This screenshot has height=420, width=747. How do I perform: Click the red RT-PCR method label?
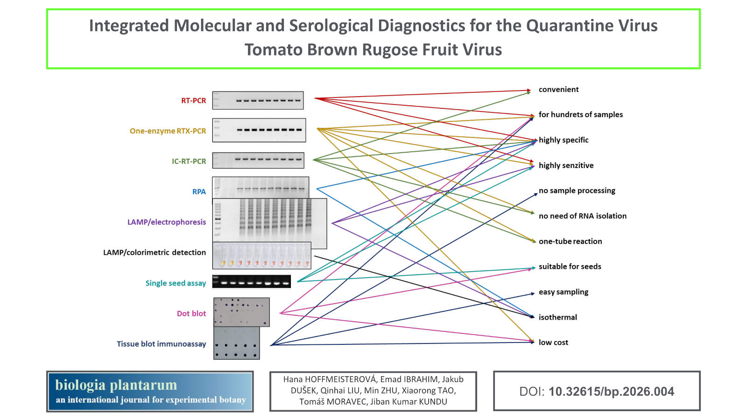193,100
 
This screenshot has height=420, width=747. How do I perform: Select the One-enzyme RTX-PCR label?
168,131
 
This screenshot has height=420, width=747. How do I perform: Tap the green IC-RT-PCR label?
189,161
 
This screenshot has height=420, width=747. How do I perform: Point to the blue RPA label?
199,192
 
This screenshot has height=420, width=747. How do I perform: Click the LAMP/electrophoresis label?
167,222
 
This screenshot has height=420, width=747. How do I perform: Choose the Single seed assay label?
176,283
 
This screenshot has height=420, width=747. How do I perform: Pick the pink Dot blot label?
191,314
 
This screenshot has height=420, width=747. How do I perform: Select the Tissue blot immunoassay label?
161,344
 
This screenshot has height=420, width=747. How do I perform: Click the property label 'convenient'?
558,90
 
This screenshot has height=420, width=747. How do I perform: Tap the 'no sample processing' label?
577,190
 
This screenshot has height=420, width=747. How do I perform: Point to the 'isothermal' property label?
557,317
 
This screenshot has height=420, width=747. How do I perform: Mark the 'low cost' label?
553,343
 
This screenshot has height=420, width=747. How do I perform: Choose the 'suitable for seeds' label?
570,266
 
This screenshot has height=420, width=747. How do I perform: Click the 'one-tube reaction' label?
570,241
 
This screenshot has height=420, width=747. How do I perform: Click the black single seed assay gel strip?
252,281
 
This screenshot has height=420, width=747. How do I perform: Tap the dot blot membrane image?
241,312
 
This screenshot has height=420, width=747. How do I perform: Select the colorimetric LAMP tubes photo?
261,256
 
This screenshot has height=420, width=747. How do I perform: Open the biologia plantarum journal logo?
150,392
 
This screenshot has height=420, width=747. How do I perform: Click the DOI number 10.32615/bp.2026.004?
611,392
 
